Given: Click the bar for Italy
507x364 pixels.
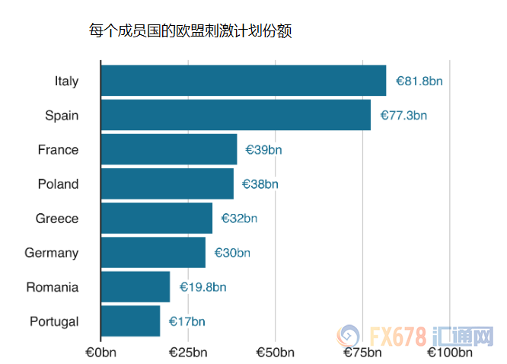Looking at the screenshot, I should [x=243, y=81].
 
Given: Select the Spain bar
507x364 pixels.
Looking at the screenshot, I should [x=235, y=115].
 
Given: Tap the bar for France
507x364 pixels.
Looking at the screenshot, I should [x=168, y=149].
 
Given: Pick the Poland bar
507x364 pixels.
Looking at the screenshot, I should [x=167, y=184].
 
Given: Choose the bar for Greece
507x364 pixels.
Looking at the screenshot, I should [x=156, y=218].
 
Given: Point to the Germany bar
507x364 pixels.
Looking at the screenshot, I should [x=152, y=252].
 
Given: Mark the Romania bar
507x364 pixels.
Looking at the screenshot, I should [x=135, y=287].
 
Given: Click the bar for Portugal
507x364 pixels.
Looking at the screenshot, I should [x=130, y=321].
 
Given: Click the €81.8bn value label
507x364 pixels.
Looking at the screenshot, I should [x=419, y=81].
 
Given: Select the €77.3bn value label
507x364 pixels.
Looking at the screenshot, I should [x=403, y=116].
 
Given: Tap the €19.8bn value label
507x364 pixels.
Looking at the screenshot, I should [x=202, y=287].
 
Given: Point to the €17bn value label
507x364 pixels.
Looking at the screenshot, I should [x=187, y=321].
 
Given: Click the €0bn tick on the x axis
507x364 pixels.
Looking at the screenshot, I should [x=100, y=353].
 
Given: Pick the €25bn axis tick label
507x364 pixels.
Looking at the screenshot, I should [x=188, y=353].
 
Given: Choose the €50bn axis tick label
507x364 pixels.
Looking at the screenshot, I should [x=275, y=353].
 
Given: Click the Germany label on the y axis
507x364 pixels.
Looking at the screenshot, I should [x=51, y=253].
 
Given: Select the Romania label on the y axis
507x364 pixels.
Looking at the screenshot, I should [x=52, y=287].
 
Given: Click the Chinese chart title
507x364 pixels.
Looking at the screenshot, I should [x=190, y=31].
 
